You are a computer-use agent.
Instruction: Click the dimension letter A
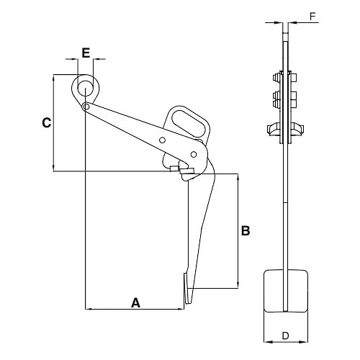point(135,302)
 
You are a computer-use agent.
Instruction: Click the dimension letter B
point(246,230)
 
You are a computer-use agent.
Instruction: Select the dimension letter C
point(47,123)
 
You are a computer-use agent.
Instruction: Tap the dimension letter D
point(285,336)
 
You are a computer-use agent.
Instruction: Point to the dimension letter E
point(86,53)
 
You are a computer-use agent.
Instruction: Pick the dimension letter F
point(312,17)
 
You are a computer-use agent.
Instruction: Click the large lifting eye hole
point(86,88)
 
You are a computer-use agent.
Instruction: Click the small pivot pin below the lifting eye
point(86,106)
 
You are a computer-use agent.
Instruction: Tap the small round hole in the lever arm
point(162,140)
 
